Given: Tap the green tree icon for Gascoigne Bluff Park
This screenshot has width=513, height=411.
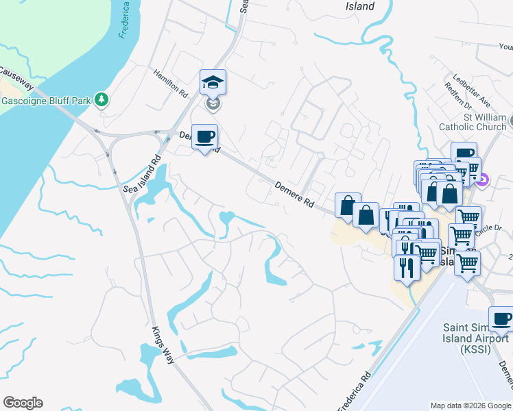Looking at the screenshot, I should point(102,100).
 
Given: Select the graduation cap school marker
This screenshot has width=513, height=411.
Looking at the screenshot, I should point(213,83).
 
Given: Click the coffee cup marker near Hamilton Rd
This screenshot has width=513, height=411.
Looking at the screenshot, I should point(204,137).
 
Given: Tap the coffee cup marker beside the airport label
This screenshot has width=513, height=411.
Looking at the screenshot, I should point(501,319).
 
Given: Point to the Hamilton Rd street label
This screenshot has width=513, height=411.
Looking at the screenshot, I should point(171,82).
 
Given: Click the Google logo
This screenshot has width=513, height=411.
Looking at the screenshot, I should point(23,403).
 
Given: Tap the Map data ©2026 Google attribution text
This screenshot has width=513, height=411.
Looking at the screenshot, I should point(470,406).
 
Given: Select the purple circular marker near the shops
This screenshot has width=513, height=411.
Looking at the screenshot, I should point(483,180).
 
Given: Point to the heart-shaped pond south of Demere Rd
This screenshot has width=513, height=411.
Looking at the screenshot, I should point(226,219).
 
